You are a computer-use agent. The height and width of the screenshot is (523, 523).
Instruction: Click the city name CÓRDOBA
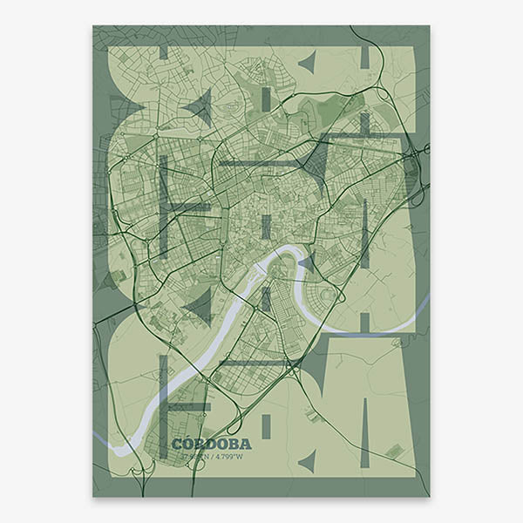211,443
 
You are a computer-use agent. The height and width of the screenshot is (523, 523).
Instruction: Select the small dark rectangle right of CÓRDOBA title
267,425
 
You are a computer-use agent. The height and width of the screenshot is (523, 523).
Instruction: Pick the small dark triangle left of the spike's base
306,460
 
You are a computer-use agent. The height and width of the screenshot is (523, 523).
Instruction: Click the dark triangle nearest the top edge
306,62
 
